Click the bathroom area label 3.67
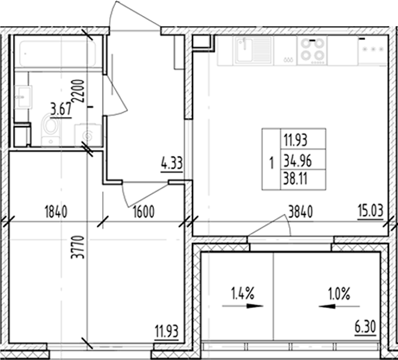pos(61,109)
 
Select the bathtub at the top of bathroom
pos(58,54)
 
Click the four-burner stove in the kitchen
pos(313,51)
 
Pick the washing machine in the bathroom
pos(87,134)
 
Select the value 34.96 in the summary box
pos(297,159)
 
